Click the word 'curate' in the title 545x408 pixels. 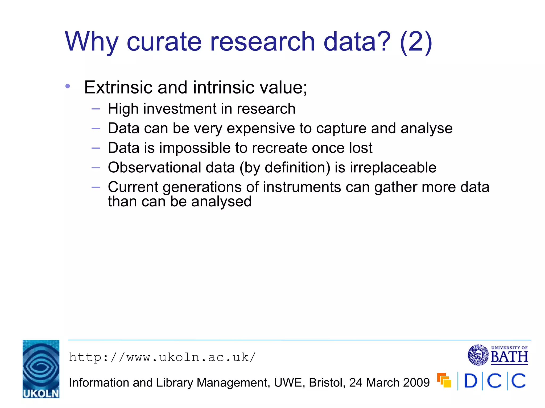pos(164,42)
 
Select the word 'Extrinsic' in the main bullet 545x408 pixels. pos(118,87)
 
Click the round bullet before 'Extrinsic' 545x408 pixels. pos(68,86)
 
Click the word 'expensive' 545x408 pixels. pos(261,128)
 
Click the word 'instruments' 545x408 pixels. pos(302,187)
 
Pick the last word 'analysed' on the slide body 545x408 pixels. pos(221,201)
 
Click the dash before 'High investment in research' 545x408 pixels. pos(96,109)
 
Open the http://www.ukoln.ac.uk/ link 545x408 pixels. pos(162,357)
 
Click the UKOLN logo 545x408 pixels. pos(41,369)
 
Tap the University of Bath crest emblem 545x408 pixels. pos(478,355)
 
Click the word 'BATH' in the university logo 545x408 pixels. pos(509,357)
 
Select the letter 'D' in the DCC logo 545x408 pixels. pos(470,381)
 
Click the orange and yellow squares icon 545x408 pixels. pos(444,380)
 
